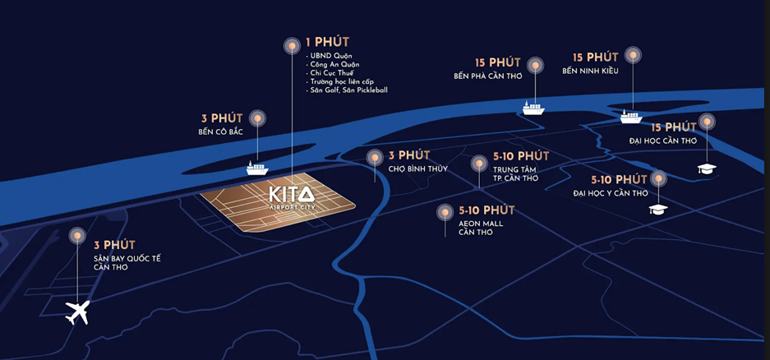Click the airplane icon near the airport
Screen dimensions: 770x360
[77, 312]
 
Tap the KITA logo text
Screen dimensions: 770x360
[291, 194]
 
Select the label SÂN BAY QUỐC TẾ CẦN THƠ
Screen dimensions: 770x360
[127, 262]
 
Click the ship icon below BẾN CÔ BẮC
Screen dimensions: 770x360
[257, 168]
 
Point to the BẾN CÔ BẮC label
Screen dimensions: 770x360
[220, 132]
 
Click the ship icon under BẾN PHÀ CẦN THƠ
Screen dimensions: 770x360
[533, 107]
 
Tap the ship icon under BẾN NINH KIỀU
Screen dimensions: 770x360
[631, 116]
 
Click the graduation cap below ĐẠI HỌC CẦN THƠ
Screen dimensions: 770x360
[706, 168]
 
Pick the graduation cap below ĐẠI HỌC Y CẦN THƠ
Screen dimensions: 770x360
[657, 209]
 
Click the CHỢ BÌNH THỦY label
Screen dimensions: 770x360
[417, 169]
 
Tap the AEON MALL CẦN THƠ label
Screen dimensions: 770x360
[481, 228]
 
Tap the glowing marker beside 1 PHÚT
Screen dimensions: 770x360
[291, 46]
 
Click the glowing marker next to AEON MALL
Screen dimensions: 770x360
[445, 212]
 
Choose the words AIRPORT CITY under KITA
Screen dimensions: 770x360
[291, 209]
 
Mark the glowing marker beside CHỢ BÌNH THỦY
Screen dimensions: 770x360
[375, 157]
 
